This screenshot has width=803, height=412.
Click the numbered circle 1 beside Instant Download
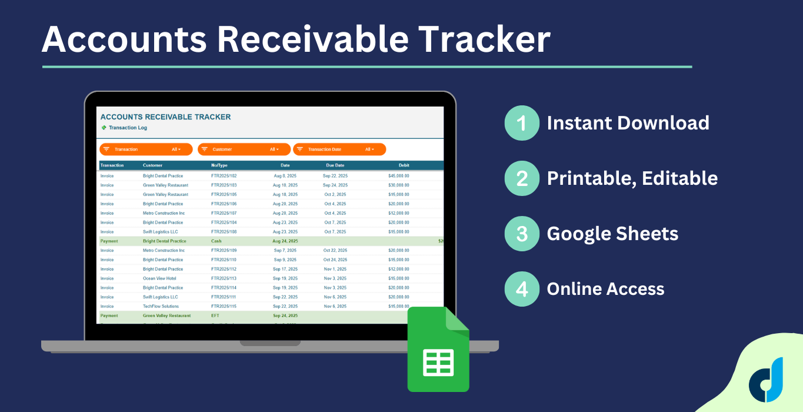[522, 123]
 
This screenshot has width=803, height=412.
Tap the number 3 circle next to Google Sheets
[522, 234]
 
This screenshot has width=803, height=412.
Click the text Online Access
[605, 289]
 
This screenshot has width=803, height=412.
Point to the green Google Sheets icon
[438, 351]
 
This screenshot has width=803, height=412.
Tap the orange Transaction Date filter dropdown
[339, 149]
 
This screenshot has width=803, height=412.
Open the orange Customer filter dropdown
[244, 149]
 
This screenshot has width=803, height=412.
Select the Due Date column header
[335, 165]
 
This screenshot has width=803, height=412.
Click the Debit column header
[404, 165]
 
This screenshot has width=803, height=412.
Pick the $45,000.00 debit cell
[398, 176]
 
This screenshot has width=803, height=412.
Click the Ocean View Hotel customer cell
[159, 278]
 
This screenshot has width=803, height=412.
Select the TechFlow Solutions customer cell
[161, 307]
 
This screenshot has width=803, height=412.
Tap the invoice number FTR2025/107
[224, 213]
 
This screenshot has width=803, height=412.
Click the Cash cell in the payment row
[216, 241]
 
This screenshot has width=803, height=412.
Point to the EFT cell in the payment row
[215, 316]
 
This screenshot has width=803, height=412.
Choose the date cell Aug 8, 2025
[285, 176]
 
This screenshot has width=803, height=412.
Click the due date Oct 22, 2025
[335, 251]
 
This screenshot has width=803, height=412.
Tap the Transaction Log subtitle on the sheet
[128, 128]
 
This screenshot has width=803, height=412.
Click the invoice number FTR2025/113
[224, 278]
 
